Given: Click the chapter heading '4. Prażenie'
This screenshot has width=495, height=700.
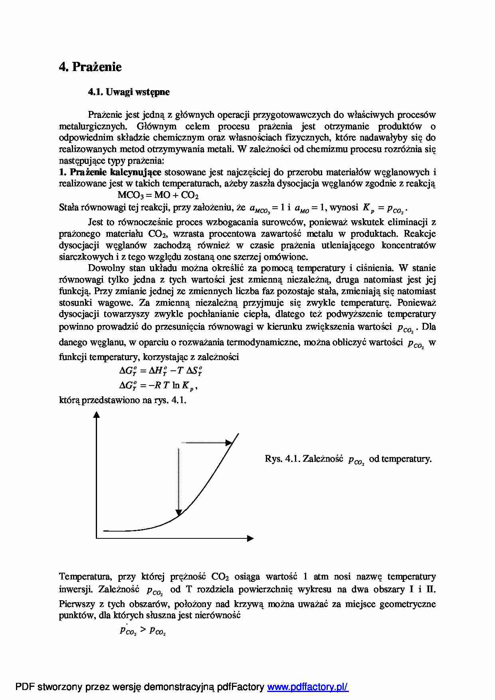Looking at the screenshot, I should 90,67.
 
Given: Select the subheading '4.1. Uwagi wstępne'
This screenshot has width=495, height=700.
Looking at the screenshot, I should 129,92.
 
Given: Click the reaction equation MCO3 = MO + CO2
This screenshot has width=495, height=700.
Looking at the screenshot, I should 158,195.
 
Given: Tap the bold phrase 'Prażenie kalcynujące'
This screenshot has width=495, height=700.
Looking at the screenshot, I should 115,172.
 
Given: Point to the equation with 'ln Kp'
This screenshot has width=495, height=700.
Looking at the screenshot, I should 158,386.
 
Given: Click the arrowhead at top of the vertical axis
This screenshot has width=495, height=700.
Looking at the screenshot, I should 96,415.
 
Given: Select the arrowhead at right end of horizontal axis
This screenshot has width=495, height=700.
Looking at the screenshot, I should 251,538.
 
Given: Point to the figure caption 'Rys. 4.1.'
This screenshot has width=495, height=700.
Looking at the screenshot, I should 282,459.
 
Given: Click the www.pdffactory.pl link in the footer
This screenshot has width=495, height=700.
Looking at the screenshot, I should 308,687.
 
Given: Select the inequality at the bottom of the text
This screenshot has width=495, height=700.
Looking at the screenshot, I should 143,631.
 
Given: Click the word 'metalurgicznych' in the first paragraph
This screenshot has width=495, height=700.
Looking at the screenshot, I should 93,127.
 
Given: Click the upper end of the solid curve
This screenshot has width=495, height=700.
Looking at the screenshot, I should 238,434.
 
